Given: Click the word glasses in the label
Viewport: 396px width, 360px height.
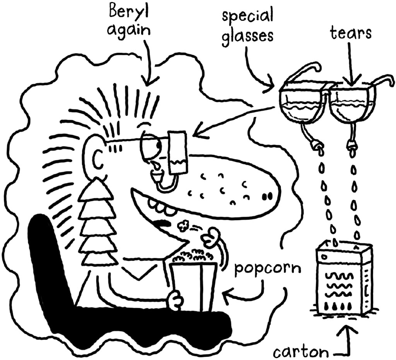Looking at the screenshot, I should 248,36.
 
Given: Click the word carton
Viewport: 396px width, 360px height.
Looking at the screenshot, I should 301,352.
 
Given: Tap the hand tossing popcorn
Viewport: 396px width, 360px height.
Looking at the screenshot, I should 212,237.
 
